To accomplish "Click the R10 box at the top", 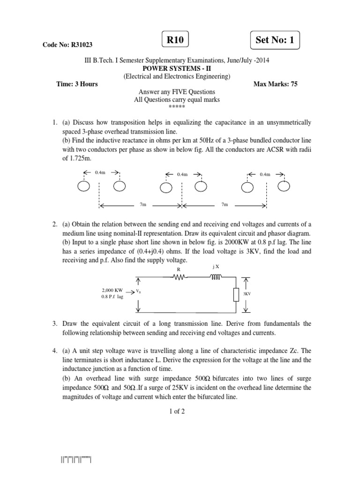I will coord(175,40).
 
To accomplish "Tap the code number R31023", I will coord(67,45).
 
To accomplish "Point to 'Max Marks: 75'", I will coord(275,84).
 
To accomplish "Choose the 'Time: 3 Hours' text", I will coord(76,84).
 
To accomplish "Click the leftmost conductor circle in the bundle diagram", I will coord(83,187).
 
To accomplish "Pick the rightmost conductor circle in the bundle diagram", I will coord(283,187).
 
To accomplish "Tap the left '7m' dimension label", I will coord(143,205).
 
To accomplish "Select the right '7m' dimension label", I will coord(225,205).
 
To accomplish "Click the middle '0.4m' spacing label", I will coord(182,174).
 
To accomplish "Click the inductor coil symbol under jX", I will coord(217,277).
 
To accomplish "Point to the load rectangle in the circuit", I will coord(236,294).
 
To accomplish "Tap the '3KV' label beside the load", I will coord(247,293).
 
